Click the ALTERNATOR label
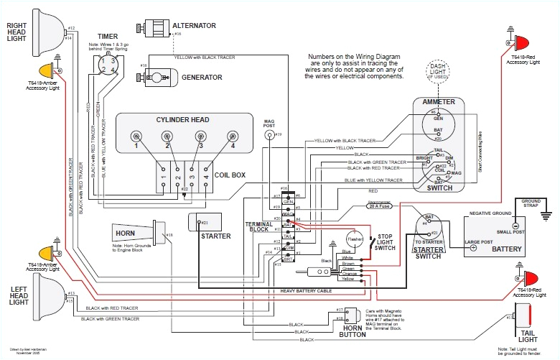[194, 26]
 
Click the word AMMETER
[439, 102]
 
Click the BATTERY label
[506, 248]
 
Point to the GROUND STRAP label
[531, 203]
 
